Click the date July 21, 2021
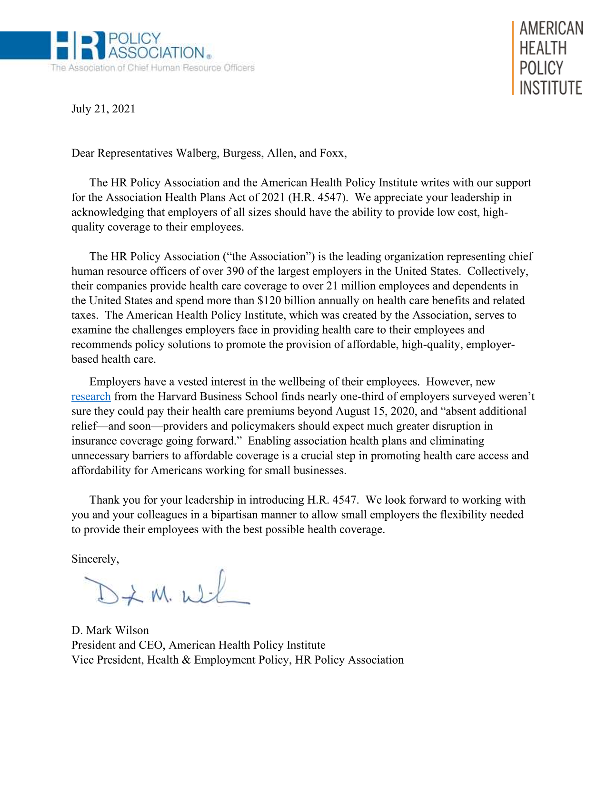103,109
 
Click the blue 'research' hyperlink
91,397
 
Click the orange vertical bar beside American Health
513,58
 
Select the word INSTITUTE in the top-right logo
550,88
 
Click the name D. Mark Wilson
110,630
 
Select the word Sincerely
95,559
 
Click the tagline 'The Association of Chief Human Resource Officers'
152,68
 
